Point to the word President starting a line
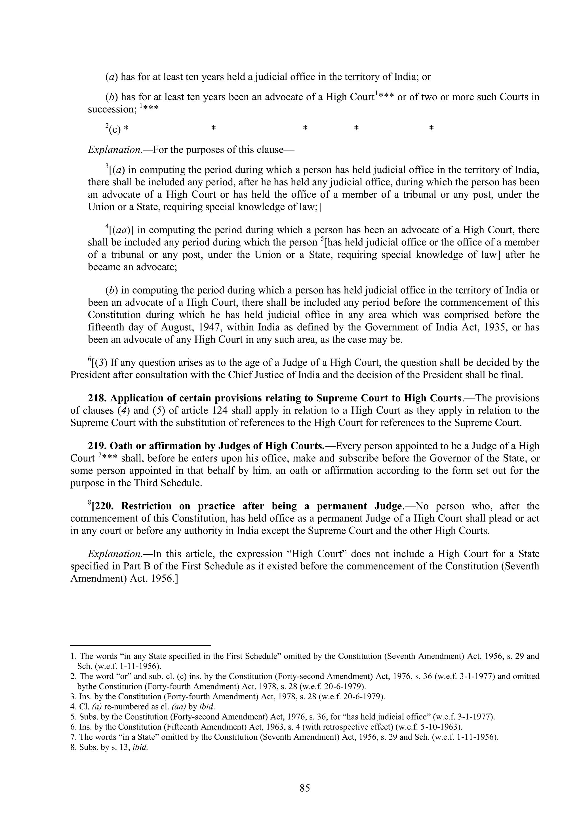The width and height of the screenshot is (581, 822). point(90,375)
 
